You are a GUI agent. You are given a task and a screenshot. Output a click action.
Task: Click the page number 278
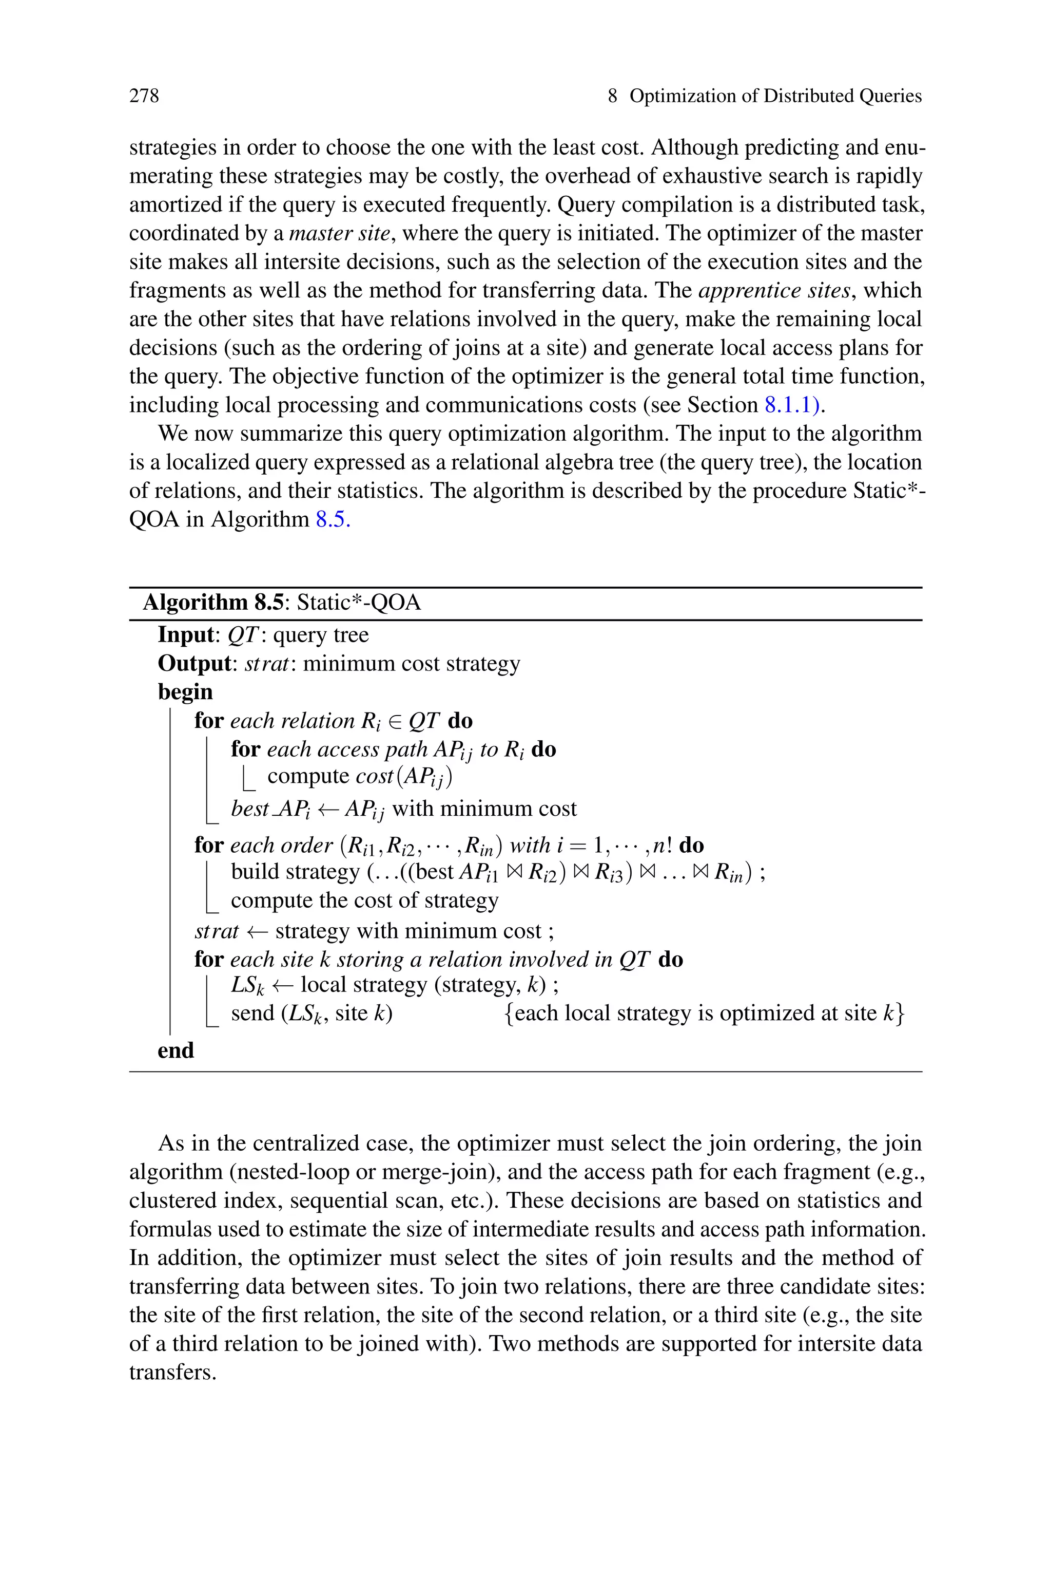pyautogui.click(x=144, y=96)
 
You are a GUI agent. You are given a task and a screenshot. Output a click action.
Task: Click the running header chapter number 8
pyautogui.click(x=612, y=96)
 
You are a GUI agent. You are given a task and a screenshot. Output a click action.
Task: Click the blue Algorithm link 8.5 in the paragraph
pyautogui.click(x=333, y=520)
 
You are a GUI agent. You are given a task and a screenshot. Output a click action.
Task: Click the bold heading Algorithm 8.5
pyautogui.click(x=213, y=603)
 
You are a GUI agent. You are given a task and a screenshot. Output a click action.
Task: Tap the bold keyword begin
pyautogui.click(x=185, y=691)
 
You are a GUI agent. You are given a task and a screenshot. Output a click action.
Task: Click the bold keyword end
pyautogui.click(x=175, y=1050)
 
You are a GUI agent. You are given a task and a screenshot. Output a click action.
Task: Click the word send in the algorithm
pyautogui.click(x=250, y=1013)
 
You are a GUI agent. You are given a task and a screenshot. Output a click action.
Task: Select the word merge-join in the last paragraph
pyautogui.click(x=443, y=1172)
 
